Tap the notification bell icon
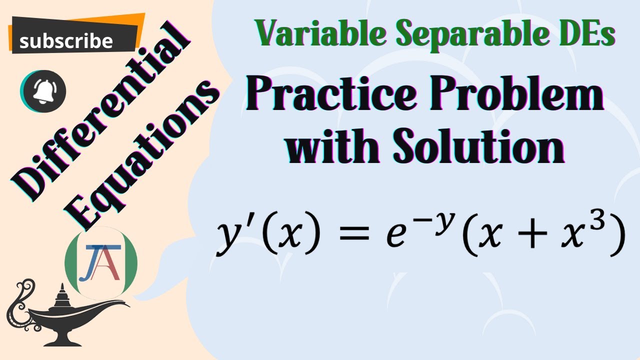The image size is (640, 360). (43, 90)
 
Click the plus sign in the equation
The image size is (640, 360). (527, 237)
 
